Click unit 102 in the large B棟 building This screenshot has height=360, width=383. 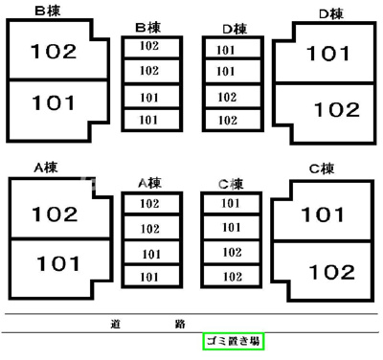point(54,52)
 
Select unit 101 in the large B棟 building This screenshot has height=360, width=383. point(53,102)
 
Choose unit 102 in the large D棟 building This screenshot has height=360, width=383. point(336,110)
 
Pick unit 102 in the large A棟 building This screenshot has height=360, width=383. point(55,214)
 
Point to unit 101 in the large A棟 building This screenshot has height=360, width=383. point(57,262)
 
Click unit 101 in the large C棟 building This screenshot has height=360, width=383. point(322,214)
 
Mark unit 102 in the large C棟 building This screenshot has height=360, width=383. point(332,271)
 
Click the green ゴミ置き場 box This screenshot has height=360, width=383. point(233,342)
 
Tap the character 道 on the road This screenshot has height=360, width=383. point(115,325)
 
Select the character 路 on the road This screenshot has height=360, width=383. point(180,325)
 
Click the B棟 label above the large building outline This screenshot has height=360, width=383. point(47,11)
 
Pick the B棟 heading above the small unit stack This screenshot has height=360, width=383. point(147,27)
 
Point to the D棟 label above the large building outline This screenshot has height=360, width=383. point(330,14)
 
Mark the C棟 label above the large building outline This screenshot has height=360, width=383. point(321,169)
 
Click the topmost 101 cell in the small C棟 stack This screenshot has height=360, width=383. point(231,203)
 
